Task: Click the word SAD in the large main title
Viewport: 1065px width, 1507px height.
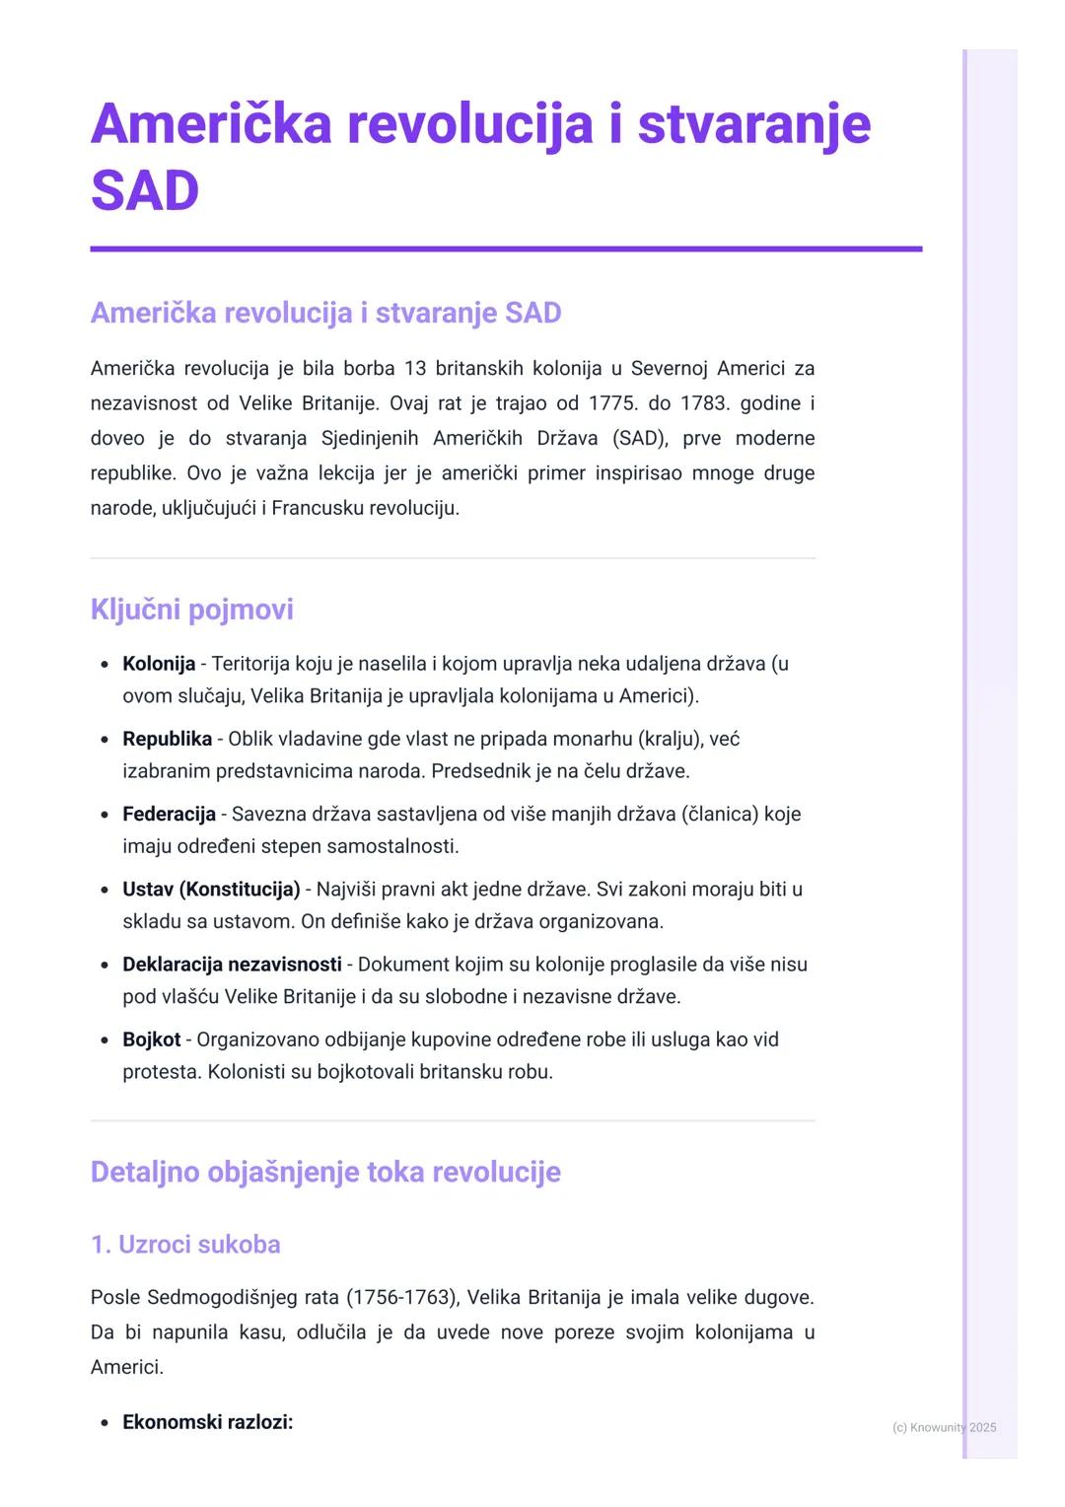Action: point(145,190)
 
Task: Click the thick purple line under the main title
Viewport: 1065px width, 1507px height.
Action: point(506,250)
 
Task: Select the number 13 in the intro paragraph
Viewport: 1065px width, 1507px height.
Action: point(415,369)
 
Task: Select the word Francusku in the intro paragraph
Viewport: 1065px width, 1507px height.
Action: point(317,508)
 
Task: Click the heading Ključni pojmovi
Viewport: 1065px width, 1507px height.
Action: point(192,610)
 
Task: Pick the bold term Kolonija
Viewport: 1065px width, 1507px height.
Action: point(159,664)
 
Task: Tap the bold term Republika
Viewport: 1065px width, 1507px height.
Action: point(167,739)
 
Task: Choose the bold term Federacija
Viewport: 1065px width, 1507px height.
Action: point(169,814)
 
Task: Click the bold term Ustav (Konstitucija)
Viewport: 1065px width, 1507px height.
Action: point(211,890)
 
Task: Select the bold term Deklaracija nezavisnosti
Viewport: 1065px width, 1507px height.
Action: point(232,965)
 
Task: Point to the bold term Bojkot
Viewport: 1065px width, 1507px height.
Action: point(151,1040)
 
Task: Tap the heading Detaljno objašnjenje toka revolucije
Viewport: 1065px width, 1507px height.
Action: point(325,1172)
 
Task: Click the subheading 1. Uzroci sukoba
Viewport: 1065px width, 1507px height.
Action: point(185,1245)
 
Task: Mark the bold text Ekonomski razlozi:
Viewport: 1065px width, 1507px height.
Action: point(207,1422)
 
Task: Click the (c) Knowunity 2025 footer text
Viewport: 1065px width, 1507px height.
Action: point(944,1427)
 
